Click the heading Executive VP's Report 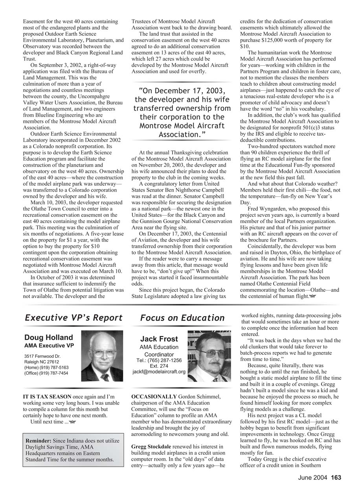tap(73, 318)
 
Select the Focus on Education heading tap(182, 318)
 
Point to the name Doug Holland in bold tap(49, 337)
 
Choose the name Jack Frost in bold tap(159, 339)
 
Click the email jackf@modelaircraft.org tap(159, 372)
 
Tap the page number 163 tap(336, 478)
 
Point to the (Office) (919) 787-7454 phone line tap(46, 373)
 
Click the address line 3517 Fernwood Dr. tap(42, 356)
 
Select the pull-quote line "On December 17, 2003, tap(182, 90)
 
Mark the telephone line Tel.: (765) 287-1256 tap(159, 360)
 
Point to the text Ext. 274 tap(159, 366)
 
